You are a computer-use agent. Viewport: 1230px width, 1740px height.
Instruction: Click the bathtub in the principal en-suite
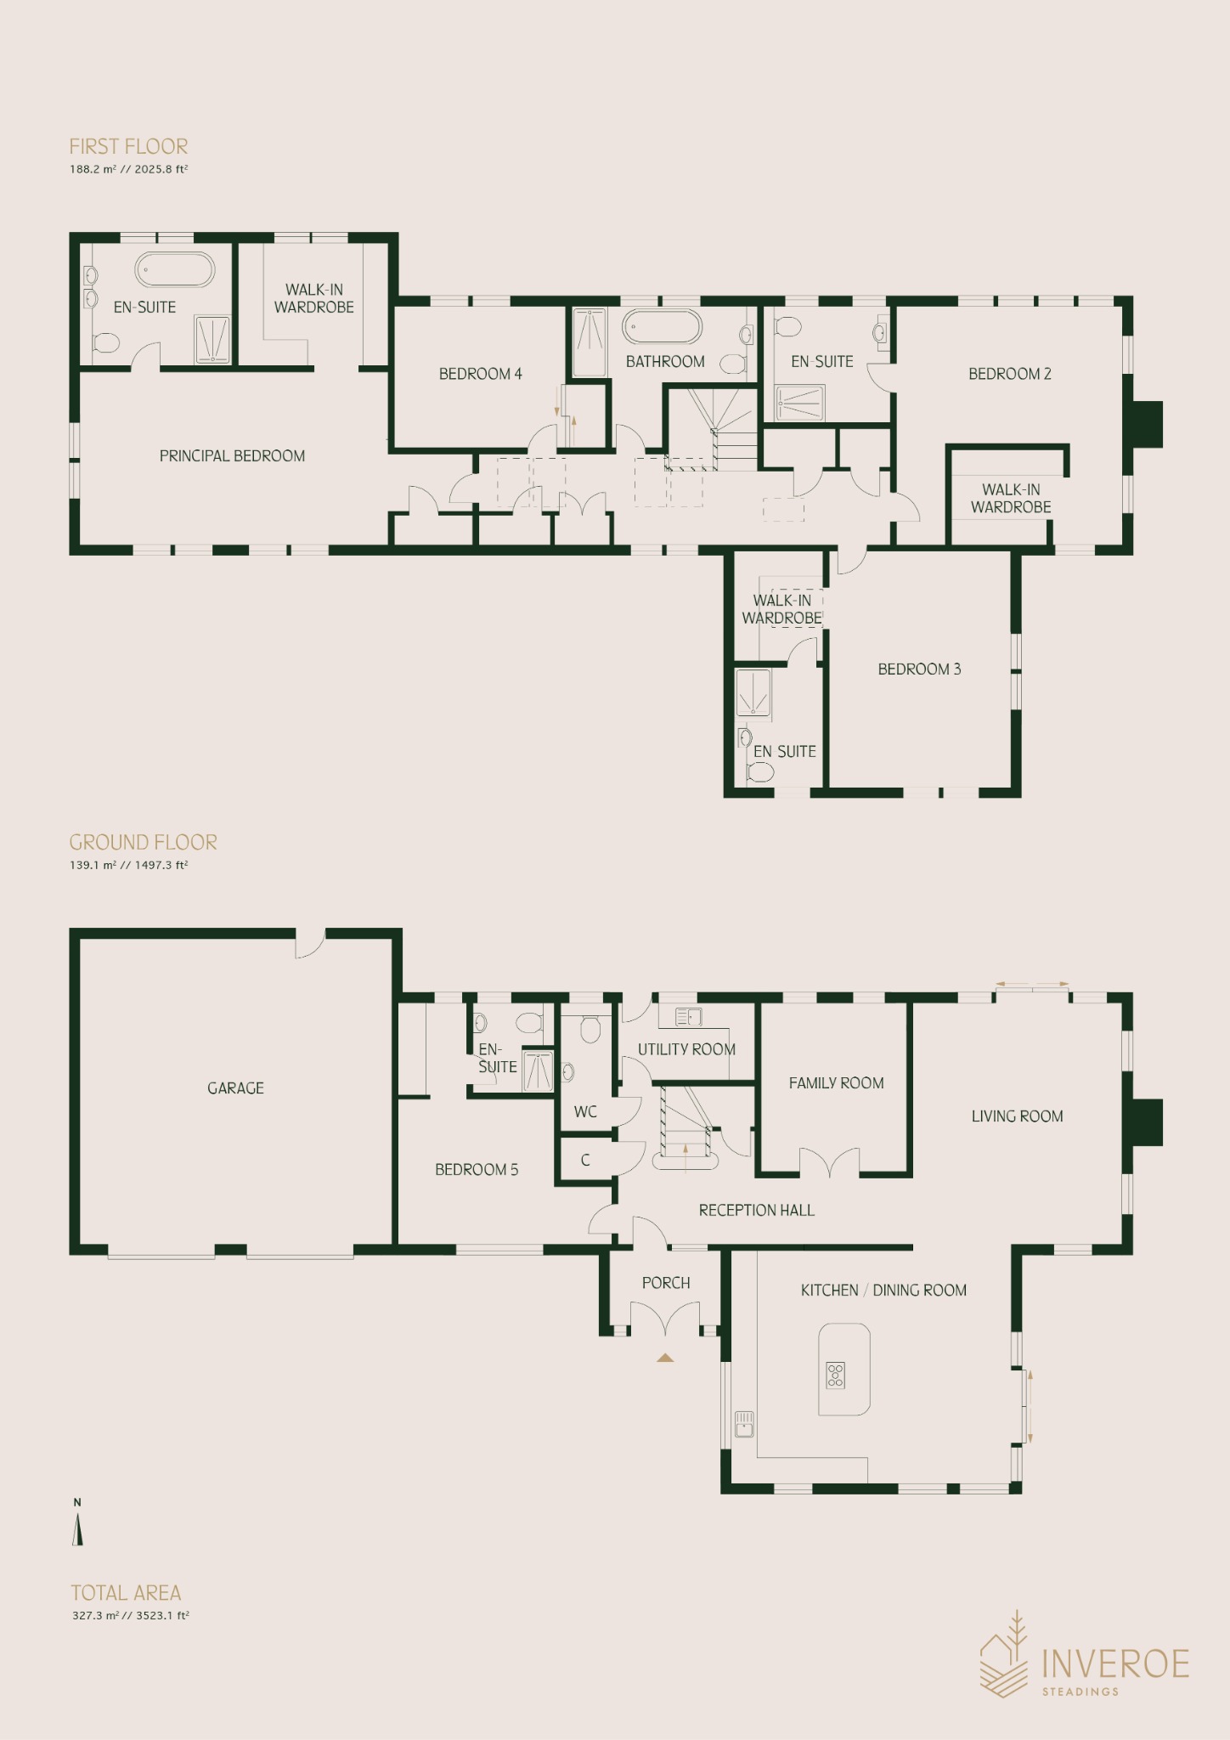pos(175,269)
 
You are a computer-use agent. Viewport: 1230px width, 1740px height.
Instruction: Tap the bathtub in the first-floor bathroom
pos(663,326)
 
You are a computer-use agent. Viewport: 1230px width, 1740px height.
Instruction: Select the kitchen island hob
pos(836,1375)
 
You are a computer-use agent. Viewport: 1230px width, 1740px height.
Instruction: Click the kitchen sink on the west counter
pos(744,1423)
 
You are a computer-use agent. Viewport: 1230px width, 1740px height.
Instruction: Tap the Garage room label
pos(235,1088)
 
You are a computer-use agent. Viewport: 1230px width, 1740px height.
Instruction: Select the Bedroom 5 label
pos(477,1170)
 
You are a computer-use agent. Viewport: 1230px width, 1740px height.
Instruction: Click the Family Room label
pos(836,1083)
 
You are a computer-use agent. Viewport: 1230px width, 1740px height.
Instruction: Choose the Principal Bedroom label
pos(232,456)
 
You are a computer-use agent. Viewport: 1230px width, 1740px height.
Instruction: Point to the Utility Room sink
pos(688,1016)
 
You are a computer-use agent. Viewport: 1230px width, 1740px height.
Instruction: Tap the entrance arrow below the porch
pos(665,1358)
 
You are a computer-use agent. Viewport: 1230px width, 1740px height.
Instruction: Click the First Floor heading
pos(128,146)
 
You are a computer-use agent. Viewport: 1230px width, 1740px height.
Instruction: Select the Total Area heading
pos(126,1593)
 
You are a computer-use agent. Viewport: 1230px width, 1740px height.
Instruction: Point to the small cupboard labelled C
pos(586,1161)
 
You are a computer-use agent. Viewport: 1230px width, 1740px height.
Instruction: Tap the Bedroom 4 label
pos(480,374)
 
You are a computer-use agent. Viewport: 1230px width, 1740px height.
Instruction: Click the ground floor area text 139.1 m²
pos(93,865)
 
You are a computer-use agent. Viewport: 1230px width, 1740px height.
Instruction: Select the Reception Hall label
pos(756,1211)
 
